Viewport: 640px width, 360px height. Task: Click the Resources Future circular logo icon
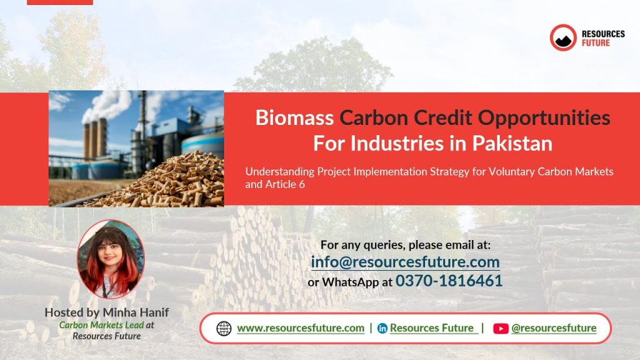pyautogui.click(x=563, y=37)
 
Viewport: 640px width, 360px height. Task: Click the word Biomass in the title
pyautogui.click(x=294, y=117)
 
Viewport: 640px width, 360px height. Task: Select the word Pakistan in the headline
pyautogui.click(x=512, y=143)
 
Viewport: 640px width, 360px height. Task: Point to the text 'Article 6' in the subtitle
pyautogui.click(x=285, y=184)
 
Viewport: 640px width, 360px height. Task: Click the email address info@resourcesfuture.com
pyautogui.click(x=405, y=262)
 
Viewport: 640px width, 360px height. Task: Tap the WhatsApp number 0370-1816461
pyautogui.click(x=449, y=281)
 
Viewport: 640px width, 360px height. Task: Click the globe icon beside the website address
pyautogui.click(x=224, y=328)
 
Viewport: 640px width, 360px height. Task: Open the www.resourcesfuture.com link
pyautogui.click(x=301, y=328)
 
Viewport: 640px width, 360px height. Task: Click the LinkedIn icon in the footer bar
pyautogui.click(x=382, y=328)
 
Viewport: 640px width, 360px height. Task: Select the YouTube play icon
pyautogui.click(x=501, y=329)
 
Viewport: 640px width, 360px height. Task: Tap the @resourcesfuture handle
pyautogui.click(x=554, y=328)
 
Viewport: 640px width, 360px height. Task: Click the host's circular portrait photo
pyautogui.click(x=111, y=259)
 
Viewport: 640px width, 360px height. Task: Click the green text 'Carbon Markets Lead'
pyautogui.click(x=102, y=325)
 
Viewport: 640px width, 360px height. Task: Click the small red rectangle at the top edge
pyautogui.click(x=60, y=2)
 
